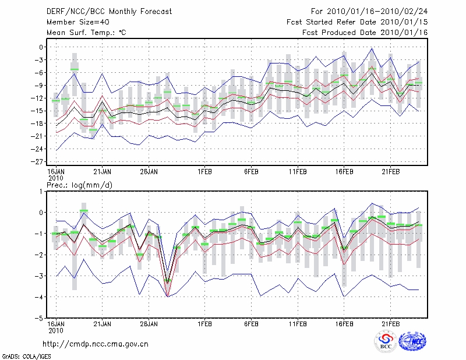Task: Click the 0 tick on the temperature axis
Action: (42, 47)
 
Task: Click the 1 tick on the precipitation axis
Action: (42, 191)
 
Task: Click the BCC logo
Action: (385, 341)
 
